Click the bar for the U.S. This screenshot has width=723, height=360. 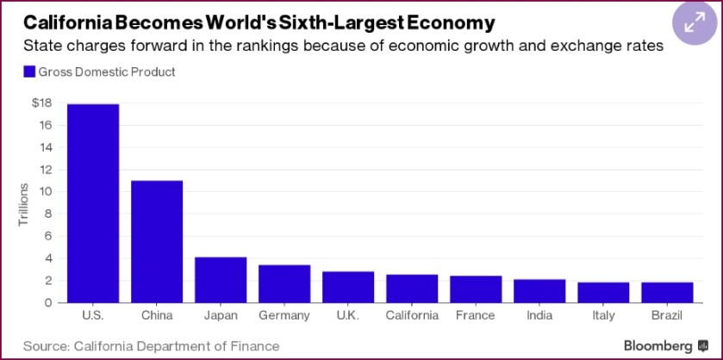click(x=93, y=203)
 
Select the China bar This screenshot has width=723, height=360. click(x=157, y=241)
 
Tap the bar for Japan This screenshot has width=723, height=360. click(x=221, y=280)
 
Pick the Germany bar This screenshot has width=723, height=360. click(x=284, y=283)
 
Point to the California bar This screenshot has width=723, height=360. click(x=412, y=289)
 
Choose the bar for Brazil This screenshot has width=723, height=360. click(x=667, y=292)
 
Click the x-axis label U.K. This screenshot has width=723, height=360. click(x=348, y=315)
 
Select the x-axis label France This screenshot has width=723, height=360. click(x=476, y=315)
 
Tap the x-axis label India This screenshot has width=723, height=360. click(x=539, y=315)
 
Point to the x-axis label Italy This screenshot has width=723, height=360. click(x=603, y=315)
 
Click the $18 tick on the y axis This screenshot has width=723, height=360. click(x=41, y=103)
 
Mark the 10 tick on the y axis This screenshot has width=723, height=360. click(x=46, y=192)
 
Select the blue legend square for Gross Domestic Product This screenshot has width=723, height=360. click(x=30, y=72)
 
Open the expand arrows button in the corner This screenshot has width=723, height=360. click(x=694, y=23)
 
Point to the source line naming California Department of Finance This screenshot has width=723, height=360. click(x=152, y=346)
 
